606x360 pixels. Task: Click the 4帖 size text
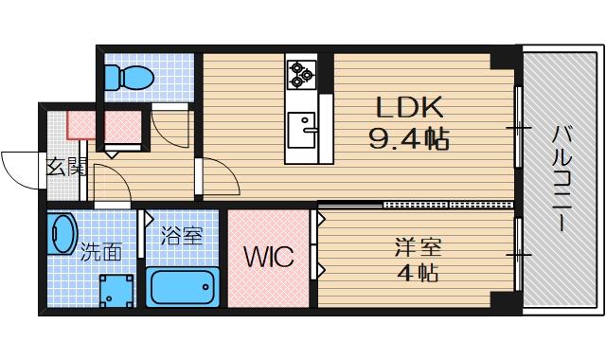pyautogui.click(x=417, y=276)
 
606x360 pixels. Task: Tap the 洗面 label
pyautogui.click(x=100, y=252)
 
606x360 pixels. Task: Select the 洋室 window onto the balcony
pyautogui.click(x=518, y=254)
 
